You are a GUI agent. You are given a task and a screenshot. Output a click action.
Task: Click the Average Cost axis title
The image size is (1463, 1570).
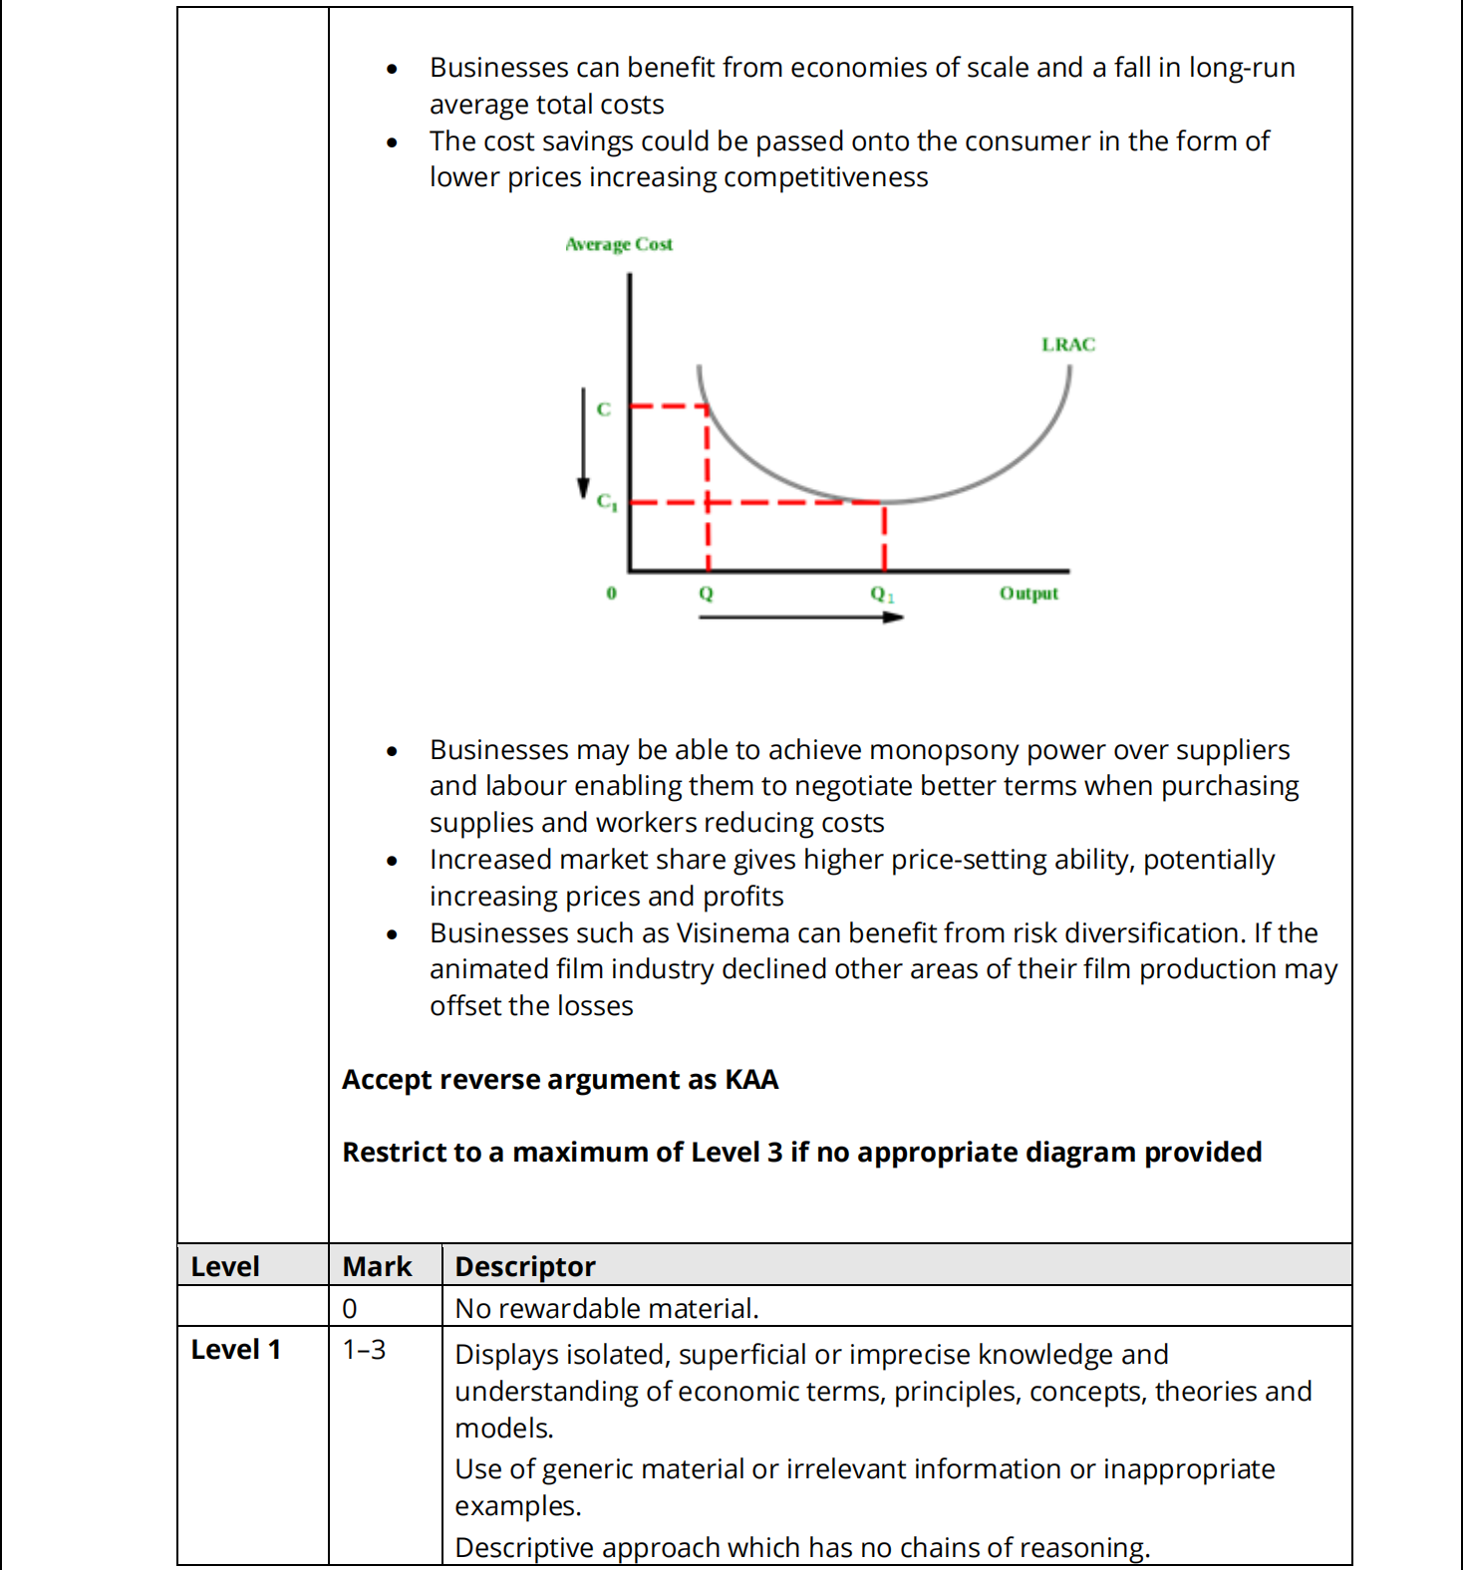point(619,244)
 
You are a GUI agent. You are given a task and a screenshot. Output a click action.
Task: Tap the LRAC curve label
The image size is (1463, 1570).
point(1067,345)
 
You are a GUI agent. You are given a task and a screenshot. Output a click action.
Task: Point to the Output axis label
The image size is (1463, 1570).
point(1028,594)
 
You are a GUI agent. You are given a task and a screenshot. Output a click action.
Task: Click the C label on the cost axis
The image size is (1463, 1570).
point(603,409)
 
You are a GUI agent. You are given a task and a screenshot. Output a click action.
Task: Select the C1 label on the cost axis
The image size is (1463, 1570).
point(606,502)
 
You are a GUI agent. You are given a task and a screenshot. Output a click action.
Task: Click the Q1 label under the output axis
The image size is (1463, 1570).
point(882,595)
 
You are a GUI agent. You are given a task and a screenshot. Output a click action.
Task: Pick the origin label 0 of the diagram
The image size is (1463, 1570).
point(612,594)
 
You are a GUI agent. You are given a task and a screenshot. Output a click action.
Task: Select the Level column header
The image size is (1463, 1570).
point(225,1266)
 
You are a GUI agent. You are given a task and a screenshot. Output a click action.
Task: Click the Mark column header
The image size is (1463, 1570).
point(377,1266)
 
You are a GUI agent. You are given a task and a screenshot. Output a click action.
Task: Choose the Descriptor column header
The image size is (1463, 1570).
point(525,1266)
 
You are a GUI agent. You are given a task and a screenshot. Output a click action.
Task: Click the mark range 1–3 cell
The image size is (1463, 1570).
point(364,1350)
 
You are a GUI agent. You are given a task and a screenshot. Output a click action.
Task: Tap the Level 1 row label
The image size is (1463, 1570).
point(236,1350)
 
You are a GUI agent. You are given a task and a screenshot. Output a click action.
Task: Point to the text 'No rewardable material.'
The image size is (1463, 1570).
point(607,1308)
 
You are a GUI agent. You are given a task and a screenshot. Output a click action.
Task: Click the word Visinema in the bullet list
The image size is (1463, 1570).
point(737,933)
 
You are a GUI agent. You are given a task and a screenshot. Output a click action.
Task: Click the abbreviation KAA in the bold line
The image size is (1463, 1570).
point(751,1080)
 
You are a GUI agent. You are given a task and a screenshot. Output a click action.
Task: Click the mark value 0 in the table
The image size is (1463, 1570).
point(350,1308)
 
